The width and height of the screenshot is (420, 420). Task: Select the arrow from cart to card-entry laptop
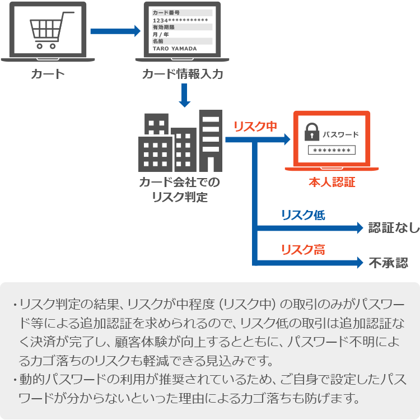click(x=115, y=31)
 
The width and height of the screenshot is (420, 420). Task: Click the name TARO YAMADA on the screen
click(x=175, y=49)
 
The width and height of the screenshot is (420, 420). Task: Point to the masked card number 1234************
click(x=180, y=20)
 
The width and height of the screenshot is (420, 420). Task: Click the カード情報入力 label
click(x=183, y=74)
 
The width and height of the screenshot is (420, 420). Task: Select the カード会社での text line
click(x=179, y=183)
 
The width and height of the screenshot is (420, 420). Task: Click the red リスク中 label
click(x=255, y=127)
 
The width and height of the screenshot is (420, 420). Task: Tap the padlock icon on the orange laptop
click(x=311, y=133)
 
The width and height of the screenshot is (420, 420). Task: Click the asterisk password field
click(x=332, y=150)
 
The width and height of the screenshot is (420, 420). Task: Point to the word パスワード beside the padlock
click(x=340, y=135)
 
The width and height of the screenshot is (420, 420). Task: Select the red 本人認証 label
click(x=332, y=183)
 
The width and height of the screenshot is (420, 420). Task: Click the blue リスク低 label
click(x=302, y=215)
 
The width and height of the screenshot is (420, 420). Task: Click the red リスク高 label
click(x=302, y=250)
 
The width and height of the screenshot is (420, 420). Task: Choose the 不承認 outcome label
click(x=388, y=262)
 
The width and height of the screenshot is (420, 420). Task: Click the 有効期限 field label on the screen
click(x=164, y=27)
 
